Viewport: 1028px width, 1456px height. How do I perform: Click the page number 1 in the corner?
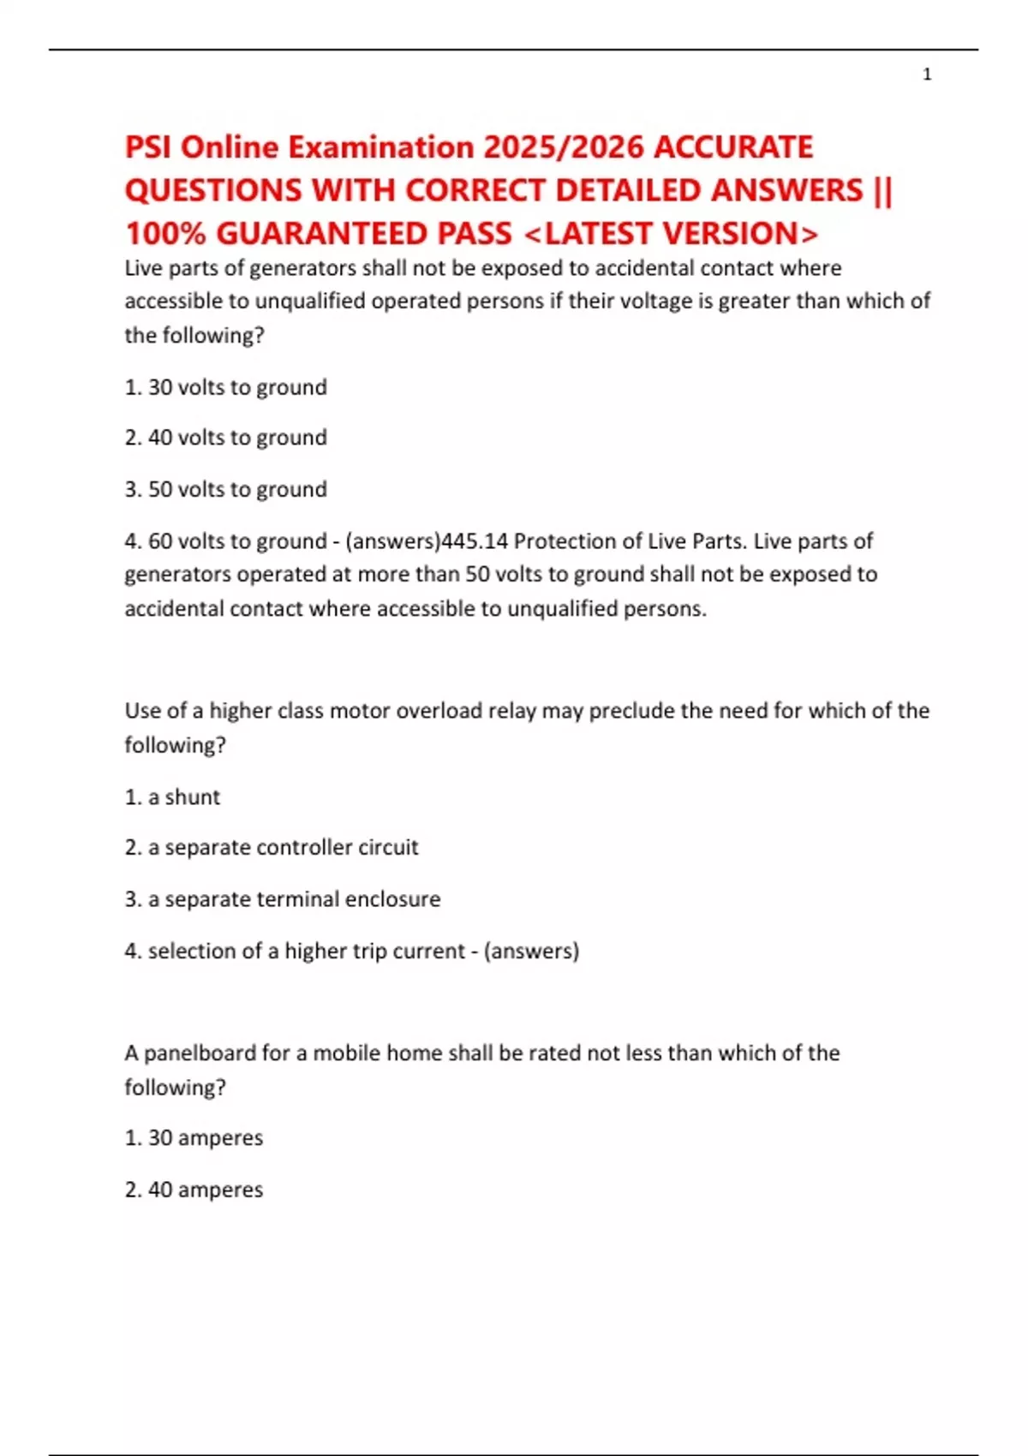927,75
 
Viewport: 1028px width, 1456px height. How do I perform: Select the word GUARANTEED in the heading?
363,234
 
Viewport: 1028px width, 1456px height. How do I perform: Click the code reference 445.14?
474,541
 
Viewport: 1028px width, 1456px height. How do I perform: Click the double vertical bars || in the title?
882,190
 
